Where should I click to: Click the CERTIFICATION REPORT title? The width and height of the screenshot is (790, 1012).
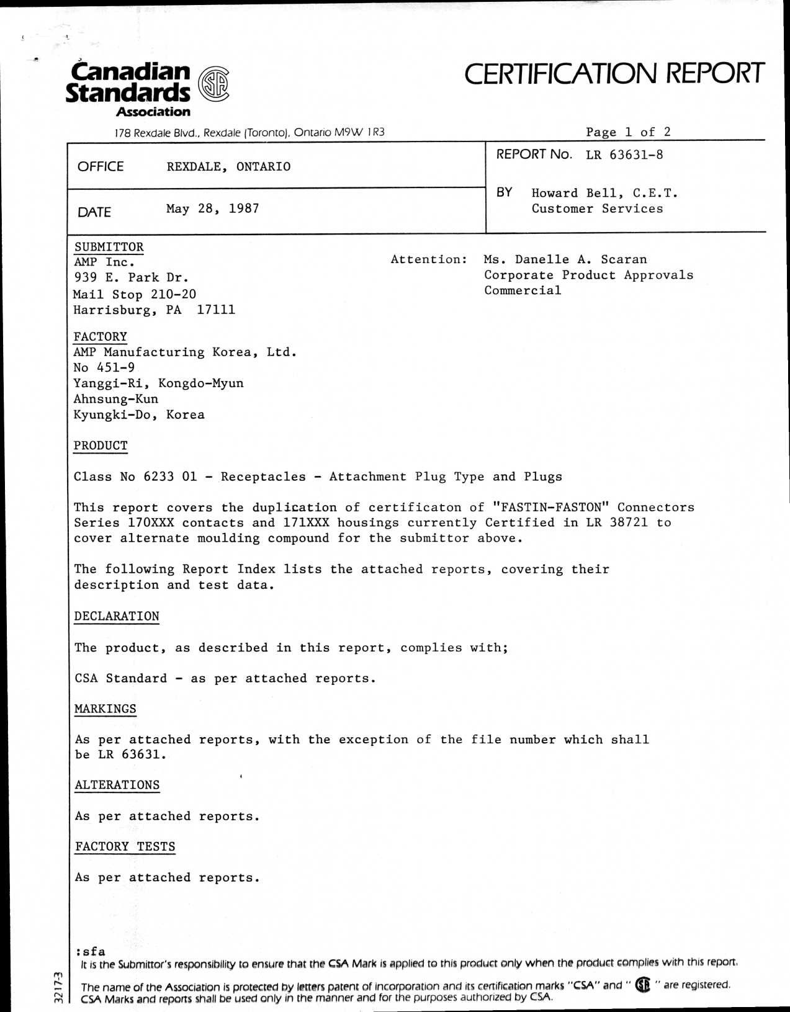(x=614, y=73)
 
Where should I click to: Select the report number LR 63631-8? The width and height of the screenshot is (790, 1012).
(x=624, y=154)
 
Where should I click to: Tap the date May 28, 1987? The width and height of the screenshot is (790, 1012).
(x=212, y=208)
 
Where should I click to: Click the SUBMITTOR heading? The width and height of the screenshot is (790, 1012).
(x=109, y=247)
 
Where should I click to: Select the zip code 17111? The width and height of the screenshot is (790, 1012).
(x=216, y=310)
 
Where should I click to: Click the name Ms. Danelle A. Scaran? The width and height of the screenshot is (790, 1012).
(x=565, y=259)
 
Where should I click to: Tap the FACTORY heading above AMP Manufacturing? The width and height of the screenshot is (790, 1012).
(x=101, y=336)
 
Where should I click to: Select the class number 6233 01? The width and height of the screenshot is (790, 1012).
(x=169, y=477)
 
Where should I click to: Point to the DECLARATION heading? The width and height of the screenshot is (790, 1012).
(x=117, y=616)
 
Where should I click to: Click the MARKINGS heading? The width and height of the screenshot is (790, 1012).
(x=105, y=709)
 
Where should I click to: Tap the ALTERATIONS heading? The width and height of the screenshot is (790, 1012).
(x=117, y=785)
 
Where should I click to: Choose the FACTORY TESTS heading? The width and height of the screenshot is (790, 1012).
(x=125, y=846)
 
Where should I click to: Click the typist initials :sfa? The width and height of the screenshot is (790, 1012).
(x=91, y=951)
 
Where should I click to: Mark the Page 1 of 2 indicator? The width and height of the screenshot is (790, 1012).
(x=628, y=132)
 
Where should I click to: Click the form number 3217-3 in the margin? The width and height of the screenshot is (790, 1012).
(x=58, y=987)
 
